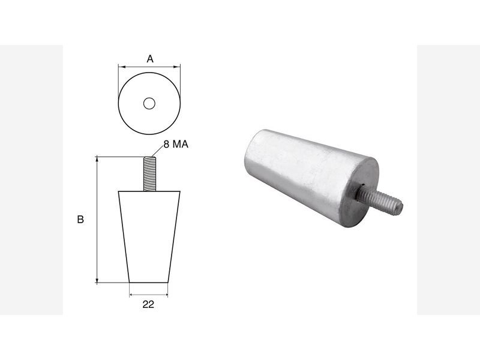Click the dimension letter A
pos(149,58)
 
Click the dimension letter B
pos(80,220)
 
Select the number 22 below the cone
pos(148,304)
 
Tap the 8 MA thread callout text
pos(176,144)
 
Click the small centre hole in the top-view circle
pos(149,103)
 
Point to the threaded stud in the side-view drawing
pos(149,174)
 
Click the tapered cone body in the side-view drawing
pos(149,237)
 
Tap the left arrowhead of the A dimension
pos(121,67)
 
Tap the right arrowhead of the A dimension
pos(178,67)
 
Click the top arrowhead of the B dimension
pos(97,159)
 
